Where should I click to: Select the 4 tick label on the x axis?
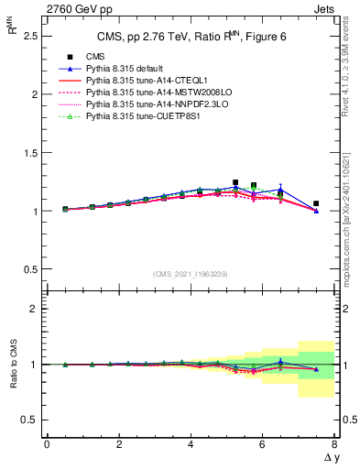click(x=191, y=445)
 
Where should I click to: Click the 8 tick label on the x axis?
click(x=334, y=445)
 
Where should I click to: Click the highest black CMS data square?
click(x=235, y=182)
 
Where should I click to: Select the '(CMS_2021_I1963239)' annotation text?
click(x=190, y=275)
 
